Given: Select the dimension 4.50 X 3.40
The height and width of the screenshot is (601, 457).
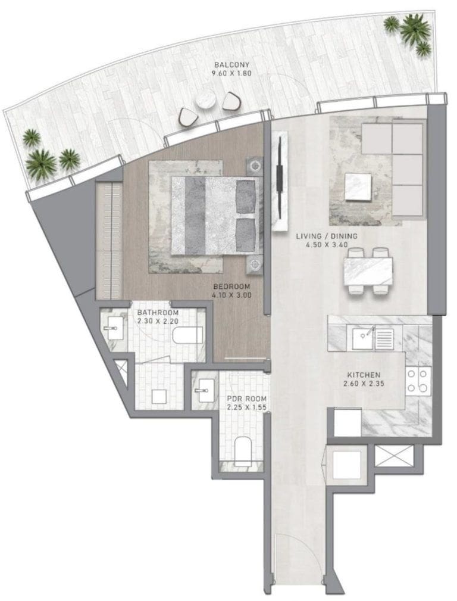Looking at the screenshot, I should [x=327, y=245].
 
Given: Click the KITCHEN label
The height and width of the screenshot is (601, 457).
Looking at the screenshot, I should [x=364, y=375].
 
